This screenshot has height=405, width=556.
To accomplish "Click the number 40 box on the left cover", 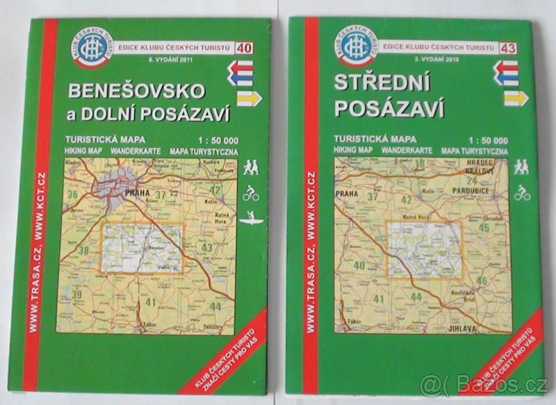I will point(244,47).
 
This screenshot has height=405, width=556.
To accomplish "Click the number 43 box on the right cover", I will point(507,47).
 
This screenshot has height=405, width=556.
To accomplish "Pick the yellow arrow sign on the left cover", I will point(248,98).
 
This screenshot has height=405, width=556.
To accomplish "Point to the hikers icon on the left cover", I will point(250,167).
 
